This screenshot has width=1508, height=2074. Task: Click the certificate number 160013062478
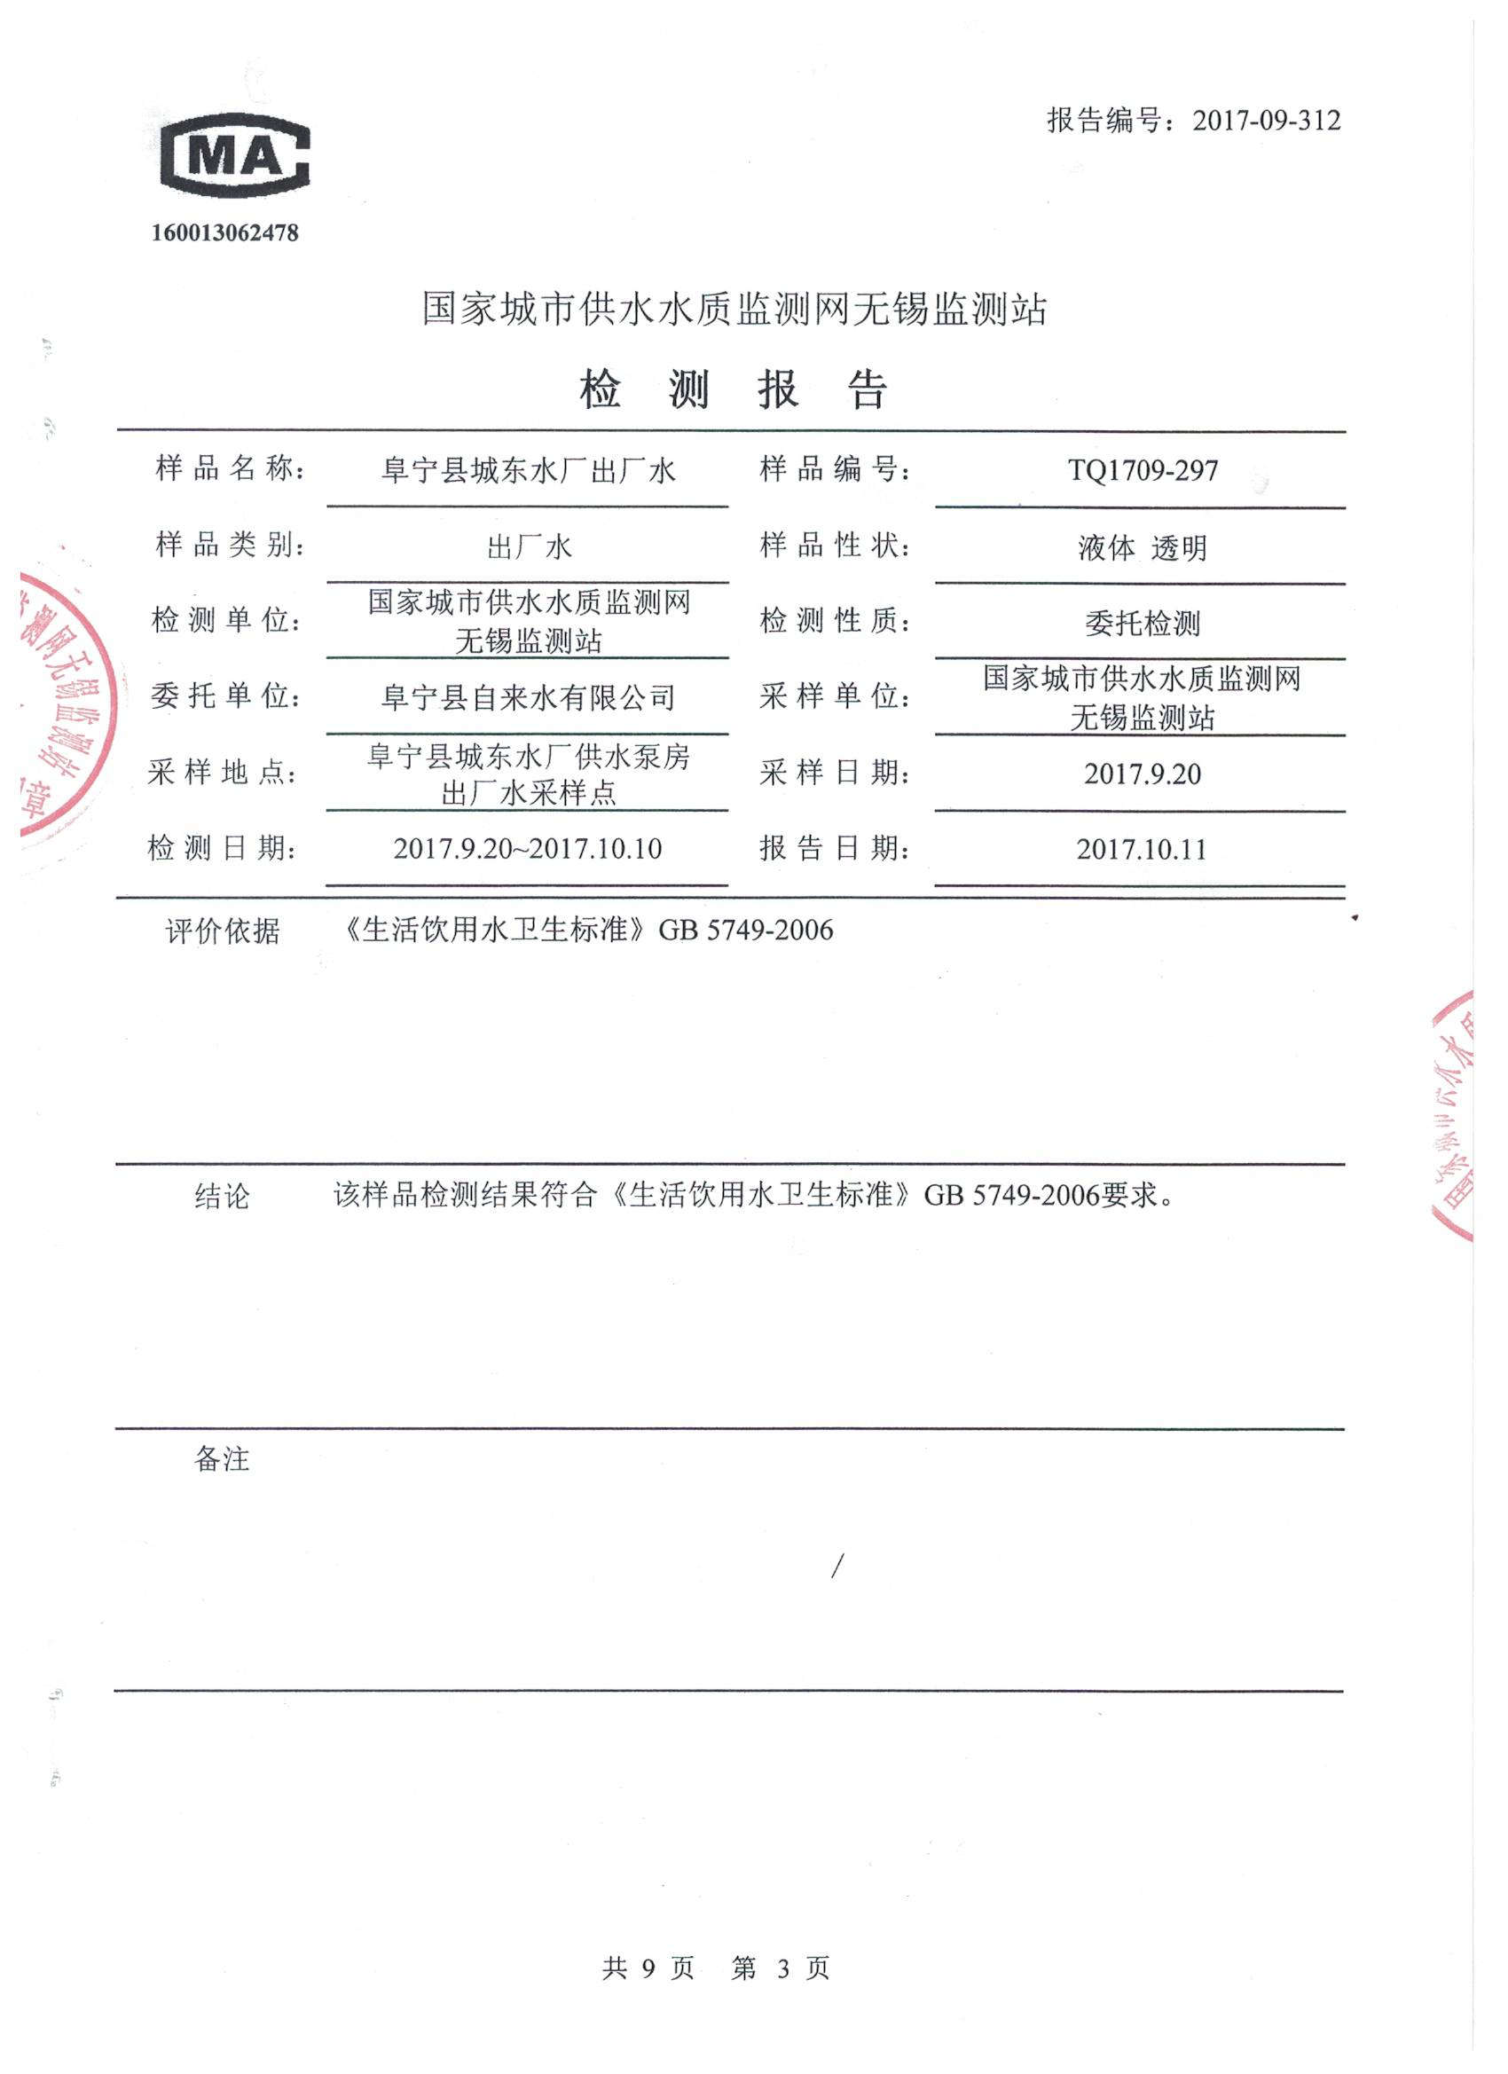pyautogui.click(x=225, y=233)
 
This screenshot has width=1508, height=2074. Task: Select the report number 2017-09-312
pyautogui.click(x=1266, y=121)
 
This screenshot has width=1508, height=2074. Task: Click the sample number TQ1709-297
pyautogui.click(x=1143, y=471)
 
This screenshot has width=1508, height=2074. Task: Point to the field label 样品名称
pyautogui.click(x=229, y=469)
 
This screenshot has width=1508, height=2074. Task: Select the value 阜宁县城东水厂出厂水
pyautogui.click(x=528, y=471)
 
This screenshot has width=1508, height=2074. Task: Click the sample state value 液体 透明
pyautogui.click(x=1143, y=547)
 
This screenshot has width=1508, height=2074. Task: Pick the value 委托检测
pyautogui.click(x=1143, y=624)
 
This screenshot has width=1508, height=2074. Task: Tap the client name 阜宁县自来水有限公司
pyautogui.click(x=528, y=699)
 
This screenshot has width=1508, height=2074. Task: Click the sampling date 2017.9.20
pyautogui.click(x=1143, y=774)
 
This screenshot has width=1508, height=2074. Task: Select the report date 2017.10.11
pyautogui.click(x=1142, y=850)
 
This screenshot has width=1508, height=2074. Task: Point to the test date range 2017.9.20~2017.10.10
pyautogui.click(x=528, y=850)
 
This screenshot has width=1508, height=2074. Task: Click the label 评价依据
pyautogui.click(x=223, y=931)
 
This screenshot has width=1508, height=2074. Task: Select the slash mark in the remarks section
pyautogui.click(x=837, y=1567)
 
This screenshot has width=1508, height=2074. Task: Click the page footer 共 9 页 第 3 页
pyautogui.click(x=716, y=1968)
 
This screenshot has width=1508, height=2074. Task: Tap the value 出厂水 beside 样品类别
pyautogui.click(x=529, y=547)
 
